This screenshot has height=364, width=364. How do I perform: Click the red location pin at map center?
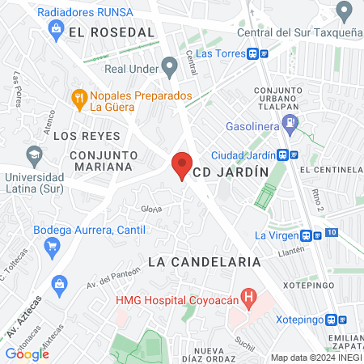point(182,166)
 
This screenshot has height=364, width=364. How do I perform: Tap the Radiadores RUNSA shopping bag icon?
point(57,31)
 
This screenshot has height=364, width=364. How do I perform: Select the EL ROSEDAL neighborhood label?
point(112,32)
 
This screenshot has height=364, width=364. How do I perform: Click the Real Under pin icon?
point(169,65)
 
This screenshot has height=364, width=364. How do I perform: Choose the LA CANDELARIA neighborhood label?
point(205,262)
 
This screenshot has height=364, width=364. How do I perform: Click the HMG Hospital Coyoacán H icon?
point(249,299)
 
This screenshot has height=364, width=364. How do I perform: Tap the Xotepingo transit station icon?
point(332,320)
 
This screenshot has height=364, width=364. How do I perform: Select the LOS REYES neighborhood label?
point(87,135)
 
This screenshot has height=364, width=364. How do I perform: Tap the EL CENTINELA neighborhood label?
point(330,171)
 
